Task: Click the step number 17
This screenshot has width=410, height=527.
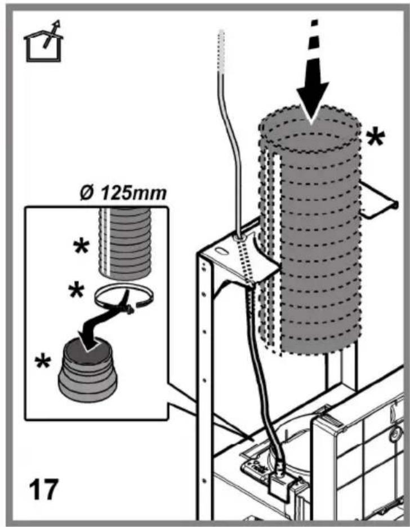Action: click(43, 489)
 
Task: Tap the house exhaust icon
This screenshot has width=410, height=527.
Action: click(43, 41)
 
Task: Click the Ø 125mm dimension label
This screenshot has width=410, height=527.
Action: click(123, 194)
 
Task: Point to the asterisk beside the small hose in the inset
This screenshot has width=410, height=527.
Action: click(82, 247)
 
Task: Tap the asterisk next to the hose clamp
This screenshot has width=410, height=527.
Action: click(76, 291)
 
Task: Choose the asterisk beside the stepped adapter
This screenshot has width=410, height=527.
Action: click(43, 362)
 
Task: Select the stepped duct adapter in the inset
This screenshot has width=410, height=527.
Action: click(88, 370)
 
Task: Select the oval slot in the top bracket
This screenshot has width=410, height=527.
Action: click(221, 252)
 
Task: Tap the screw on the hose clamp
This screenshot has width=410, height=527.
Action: click(130, 310)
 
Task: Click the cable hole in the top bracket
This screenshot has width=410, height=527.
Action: click(239, 238)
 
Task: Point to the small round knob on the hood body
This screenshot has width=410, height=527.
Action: click(395, 434)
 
